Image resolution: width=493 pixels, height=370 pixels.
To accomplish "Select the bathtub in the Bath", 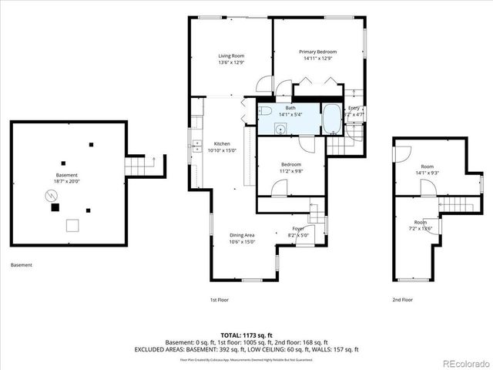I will click(332, 119).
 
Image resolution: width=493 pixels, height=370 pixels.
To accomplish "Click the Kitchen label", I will click(223, 144).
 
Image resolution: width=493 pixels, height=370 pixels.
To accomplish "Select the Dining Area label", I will click(242, 235).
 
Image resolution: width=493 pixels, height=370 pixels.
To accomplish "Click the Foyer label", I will click(297, 229).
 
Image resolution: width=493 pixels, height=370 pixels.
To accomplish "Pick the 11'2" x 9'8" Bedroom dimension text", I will click(291, 170).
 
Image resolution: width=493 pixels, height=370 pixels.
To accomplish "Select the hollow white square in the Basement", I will click(72, 224).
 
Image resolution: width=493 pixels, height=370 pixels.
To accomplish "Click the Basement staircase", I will click(136, 166).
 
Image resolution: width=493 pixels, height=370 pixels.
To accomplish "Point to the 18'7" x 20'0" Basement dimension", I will click(66, 181).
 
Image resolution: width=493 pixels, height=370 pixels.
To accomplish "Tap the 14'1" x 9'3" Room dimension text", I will click(427, 173).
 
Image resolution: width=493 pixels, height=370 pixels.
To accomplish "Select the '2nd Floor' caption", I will click(401, 300).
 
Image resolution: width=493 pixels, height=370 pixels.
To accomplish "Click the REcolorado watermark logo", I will click(464, 362).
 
